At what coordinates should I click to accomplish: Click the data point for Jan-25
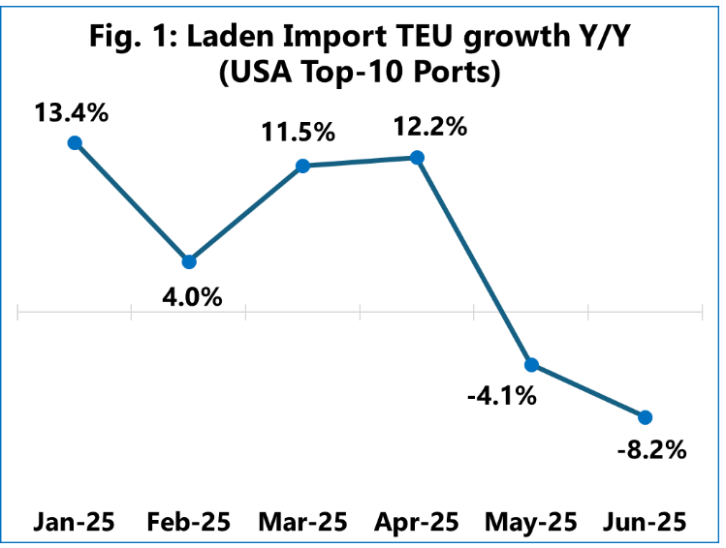click(74, 142)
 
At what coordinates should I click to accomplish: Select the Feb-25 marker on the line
click(189, 261)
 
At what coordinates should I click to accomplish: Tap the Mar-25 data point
click(302, 166)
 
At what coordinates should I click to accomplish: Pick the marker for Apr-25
click(418, 157)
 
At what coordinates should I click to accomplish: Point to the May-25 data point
click(531, 364)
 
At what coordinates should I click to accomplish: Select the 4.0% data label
click(190, 295)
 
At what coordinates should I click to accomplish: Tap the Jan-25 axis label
click(74, 522)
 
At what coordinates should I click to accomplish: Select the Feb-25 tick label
click(189, 522)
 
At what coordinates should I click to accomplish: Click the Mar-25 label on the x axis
click(302, 522)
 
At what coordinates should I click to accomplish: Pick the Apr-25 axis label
click(418, 522)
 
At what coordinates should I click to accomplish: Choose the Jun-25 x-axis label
click(645, 522)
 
